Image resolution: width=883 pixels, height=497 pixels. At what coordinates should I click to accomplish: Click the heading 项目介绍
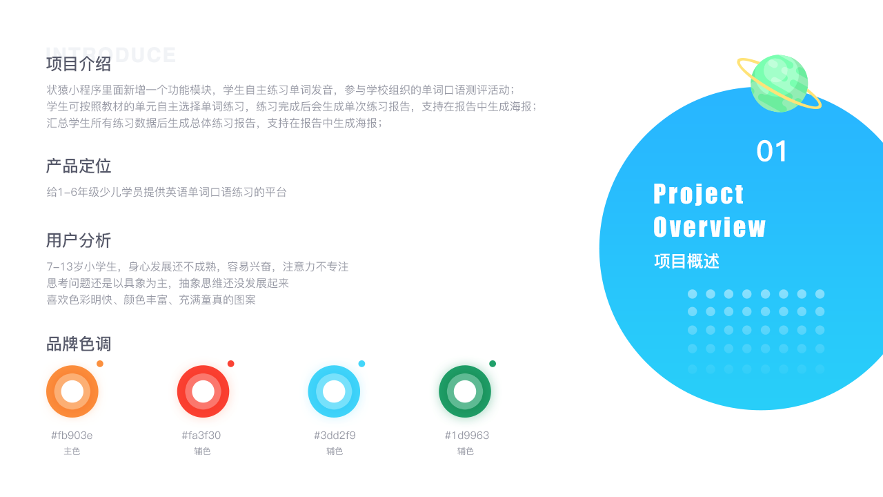[79, 64]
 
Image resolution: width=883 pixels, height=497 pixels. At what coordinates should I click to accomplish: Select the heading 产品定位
[79, 166]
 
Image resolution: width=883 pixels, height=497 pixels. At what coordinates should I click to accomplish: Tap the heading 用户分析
[79, 240]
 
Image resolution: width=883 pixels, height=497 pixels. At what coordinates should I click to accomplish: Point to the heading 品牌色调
[79, 344]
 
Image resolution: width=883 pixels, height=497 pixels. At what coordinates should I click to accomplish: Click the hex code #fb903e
[72, 436]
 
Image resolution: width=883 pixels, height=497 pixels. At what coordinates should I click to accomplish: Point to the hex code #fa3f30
[201, 436]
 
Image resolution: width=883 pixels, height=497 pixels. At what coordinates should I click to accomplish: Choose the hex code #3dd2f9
[335, 436]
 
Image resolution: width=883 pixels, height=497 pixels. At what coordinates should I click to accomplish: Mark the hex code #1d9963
[467, 436]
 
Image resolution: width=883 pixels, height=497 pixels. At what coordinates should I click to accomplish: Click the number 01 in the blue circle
[771, 151]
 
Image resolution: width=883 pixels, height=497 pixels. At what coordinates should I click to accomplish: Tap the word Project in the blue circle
[698, 194]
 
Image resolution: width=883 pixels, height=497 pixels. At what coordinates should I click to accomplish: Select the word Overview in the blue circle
[709, 227]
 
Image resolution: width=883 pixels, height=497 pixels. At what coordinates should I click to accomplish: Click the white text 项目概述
[686, 261]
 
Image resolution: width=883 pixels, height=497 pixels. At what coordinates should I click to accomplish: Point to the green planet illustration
[779, 84]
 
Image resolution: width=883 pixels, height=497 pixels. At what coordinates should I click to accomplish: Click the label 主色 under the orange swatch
[72, 451]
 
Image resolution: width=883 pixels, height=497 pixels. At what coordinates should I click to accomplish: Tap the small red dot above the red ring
[231, 364]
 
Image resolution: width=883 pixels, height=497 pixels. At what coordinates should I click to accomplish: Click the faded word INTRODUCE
[111, 55]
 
